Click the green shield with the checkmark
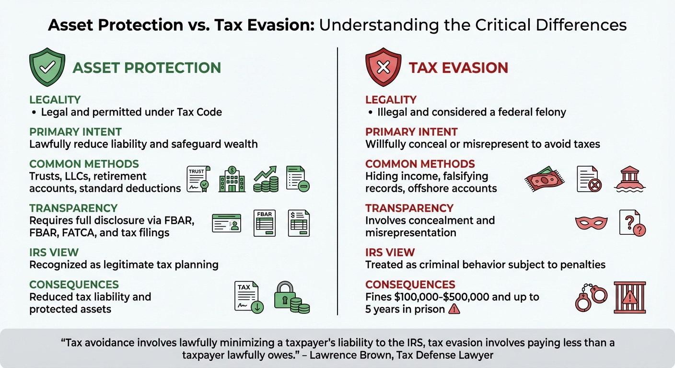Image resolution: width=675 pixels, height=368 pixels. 47,68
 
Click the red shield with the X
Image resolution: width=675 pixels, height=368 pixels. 383,68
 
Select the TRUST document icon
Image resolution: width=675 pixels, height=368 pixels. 198,180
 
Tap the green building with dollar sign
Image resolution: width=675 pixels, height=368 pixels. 232,180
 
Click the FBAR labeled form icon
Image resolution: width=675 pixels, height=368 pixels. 264,223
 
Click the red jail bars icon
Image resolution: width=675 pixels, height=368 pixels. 629,297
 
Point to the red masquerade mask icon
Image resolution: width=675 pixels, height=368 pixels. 591,223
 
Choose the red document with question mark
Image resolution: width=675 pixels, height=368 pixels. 632,223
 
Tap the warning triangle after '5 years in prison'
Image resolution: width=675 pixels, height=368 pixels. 454,310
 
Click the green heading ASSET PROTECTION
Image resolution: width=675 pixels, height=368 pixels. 147,68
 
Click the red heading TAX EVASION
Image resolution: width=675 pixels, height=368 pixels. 458,68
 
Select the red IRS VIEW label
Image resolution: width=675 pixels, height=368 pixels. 390,252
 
